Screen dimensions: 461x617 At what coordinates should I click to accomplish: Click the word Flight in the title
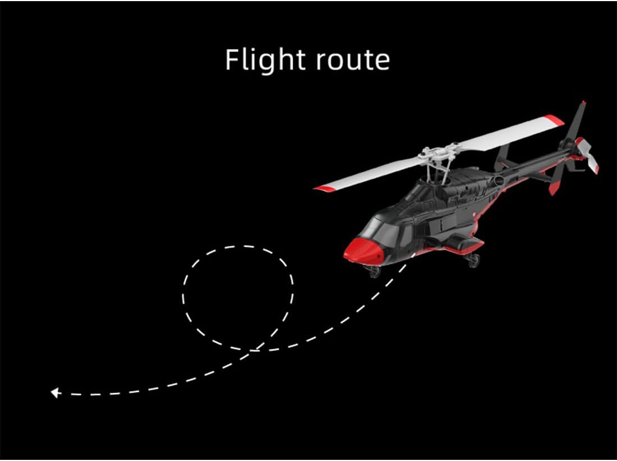click(x=264, y=59)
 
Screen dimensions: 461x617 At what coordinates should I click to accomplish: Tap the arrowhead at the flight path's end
click(x=55, y=393)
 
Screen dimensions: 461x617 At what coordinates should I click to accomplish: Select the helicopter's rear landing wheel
click(x=474, y=259)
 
